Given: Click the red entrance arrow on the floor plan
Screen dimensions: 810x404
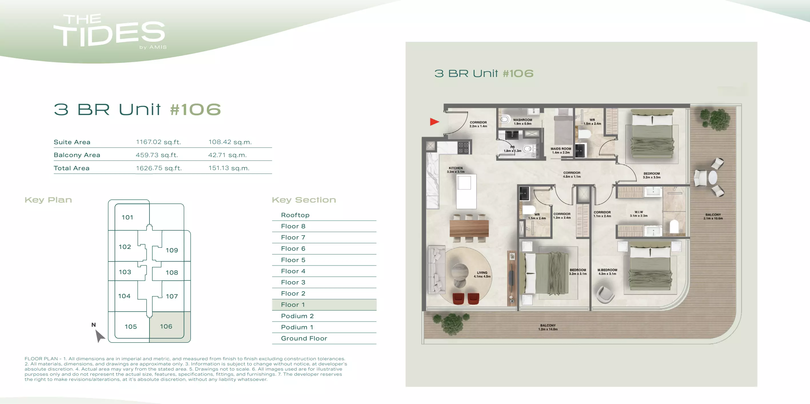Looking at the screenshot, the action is tap(434, 122).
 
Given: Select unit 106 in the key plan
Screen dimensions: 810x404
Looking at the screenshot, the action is tap(166, 326).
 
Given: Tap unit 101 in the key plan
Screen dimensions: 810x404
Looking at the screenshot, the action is tap(128, 217).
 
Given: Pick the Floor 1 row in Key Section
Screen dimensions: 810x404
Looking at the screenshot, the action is tap(324, 305).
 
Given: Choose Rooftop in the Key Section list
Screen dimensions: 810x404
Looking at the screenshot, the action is tap(295, 215).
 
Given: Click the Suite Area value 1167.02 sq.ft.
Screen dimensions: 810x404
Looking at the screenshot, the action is tap(158, 142).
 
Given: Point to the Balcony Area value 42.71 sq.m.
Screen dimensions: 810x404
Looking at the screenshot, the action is tap(227, 155).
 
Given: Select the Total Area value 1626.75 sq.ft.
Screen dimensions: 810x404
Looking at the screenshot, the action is tap(159, 168).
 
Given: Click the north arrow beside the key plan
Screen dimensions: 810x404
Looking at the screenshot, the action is tap(99, 335).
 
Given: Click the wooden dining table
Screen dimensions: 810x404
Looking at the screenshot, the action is tap(469, 229).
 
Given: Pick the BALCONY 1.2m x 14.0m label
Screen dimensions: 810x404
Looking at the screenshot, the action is tap(548, 327).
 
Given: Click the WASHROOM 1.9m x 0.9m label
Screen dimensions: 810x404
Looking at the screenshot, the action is tap(522, 122).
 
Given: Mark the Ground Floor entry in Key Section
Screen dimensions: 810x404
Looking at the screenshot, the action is tap(304, 338).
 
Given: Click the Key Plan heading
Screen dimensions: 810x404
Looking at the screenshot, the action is tap(48, 200).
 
